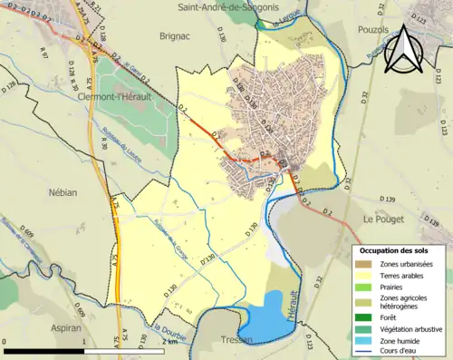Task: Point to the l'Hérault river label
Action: (291, 323)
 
